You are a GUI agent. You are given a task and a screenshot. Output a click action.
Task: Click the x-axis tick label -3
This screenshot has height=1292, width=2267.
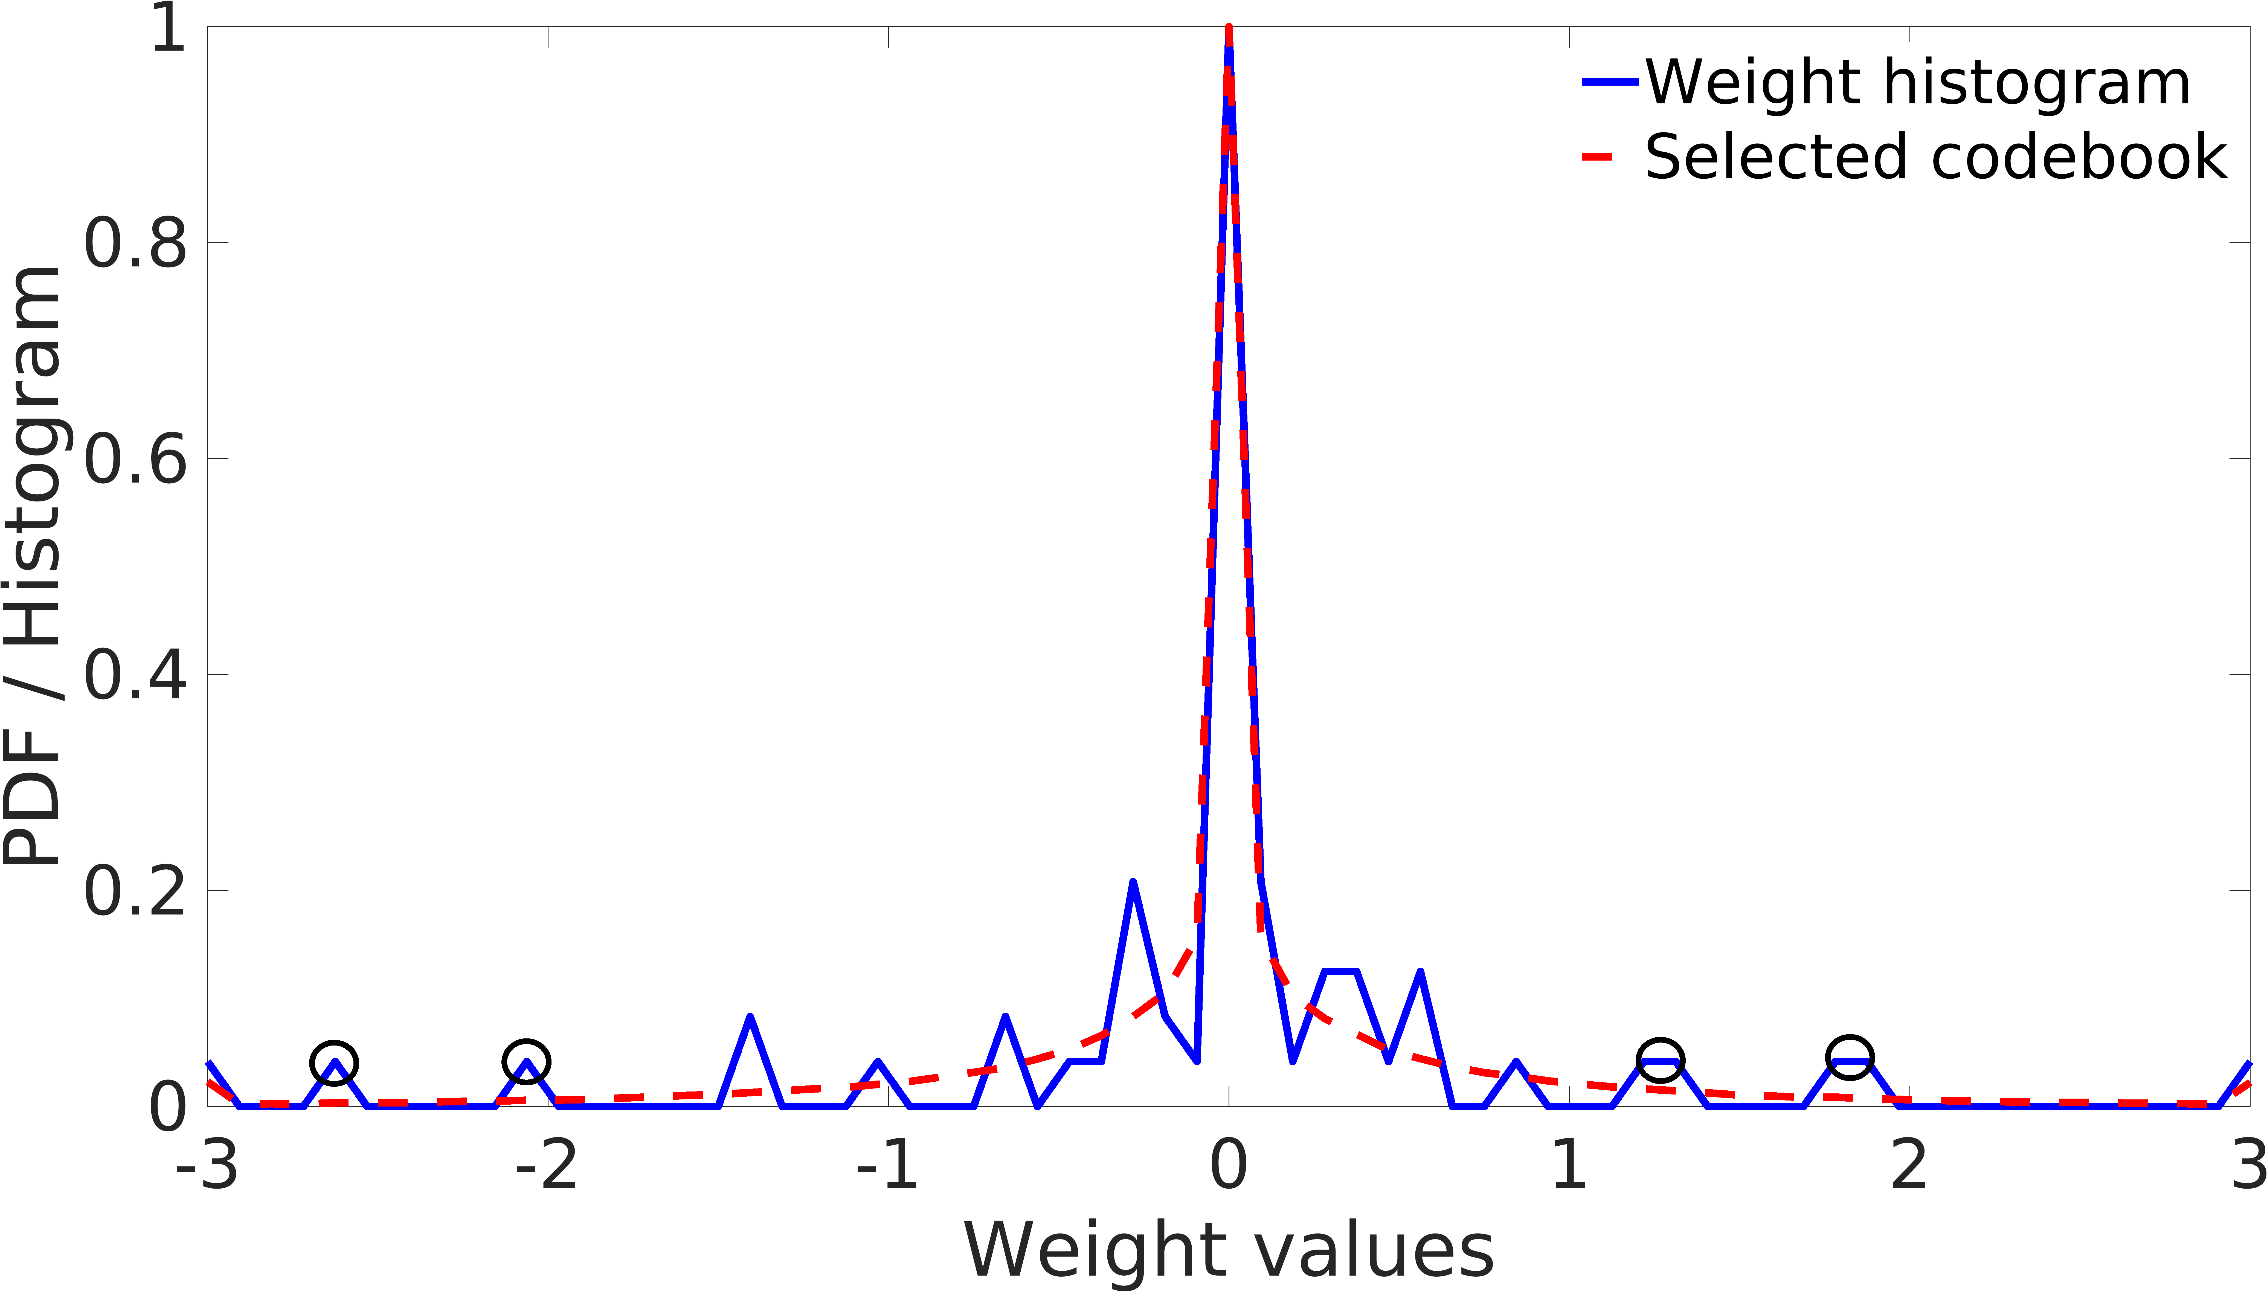pyautogui.click(x=207, y=1166)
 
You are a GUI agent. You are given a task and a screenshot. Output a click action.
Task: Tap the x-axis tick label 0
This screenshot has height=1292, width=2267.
pyautogui.click(x=1229, y=1166)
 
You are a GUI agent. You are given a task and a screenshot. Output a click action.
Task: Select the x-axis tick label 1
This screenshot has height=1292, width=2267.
pyautogui.click(x=1569, y=1166)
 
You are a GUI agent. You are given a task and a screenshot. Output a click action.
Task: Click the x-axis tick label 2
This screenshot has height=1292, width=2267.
pyautogui.click(x=1909, y=1166)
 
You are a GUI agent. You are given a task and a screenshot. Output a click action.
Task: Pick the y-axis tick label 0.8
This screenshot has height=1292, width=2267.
pyautogui.click(x=135, y=242)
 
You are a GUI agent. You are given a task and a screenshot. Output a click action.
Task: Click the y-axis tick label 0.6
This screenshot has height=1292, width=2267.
pyautogui.click(x=135, y=459)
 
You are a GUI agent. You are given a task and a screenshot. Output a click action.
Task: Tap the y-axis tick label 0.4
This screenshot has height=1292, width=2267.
pyautogui.click(x=135, y=674)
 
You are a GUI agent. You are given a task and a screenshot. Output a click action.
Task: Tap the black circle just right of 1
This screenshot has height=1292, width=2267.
pyautogui.click(x=1659, y=1059)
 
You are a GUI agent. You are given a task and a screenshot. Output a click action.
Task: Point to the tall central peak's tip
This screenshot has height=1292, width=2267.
pyautogui.click(x=1229, y=31)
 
